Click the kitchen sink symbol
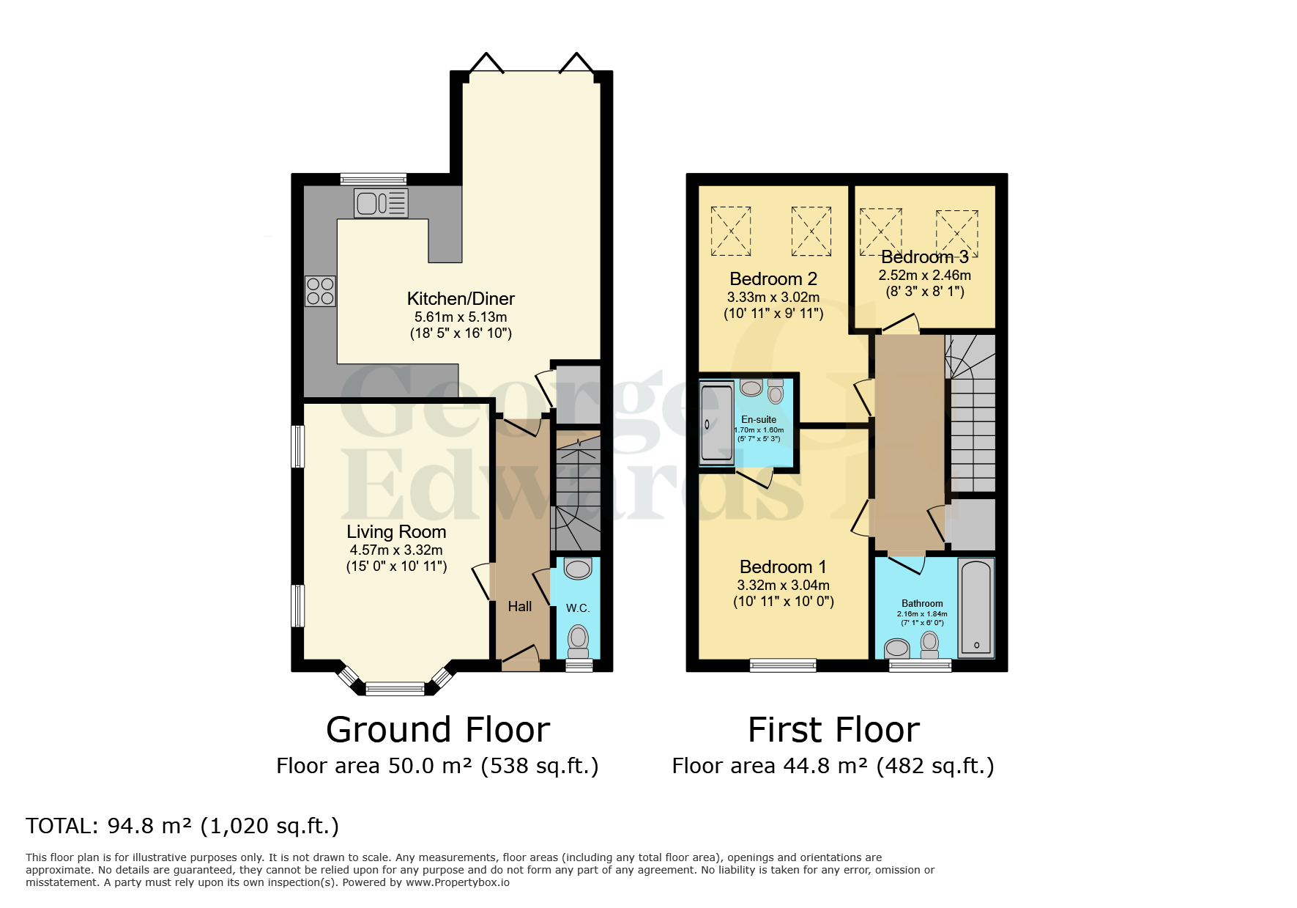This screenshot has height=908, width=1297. coord(381,203)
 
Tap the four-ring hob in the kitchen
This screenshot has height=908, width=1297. coord(320,291)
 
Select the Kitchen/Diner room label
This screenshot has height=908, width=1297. coord(461,299)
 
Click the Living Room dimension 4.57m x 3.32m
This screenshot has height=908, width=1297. coord(396,550)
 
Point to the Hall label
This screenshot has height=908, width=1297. coord(520,607)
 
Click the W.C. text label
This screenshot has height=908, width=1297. coord(578,608)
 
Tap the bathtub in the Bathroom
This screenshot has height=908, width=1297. coord(976,608)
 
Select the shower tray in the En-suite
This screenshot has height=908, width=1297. coord(716,423)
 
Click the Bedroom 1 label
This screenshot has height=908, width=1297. coord(783,567)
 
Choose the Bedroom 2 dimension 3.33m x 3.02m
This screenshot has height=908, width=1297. coord(773,298)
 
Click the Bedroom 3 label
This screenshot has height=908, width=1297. coord(924,257)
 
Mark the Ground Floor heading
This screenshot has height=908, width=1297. coord(438,730)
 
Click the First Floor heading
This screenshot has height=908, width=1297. coord(833,730)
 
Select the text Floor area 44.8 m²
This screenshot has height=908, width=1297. coord(770,767)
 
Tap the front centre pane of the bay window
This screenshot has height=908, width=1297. coord(395,688)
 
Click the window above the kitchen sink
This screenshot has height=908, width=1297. coord(374,179)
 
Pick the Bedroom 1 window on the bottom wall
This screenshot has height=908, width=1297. coord(783,665)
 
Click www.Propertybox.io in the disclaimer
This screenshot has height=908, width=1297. coord(458,882)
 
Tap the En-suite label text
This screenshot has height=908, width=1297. coord(759,420)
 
